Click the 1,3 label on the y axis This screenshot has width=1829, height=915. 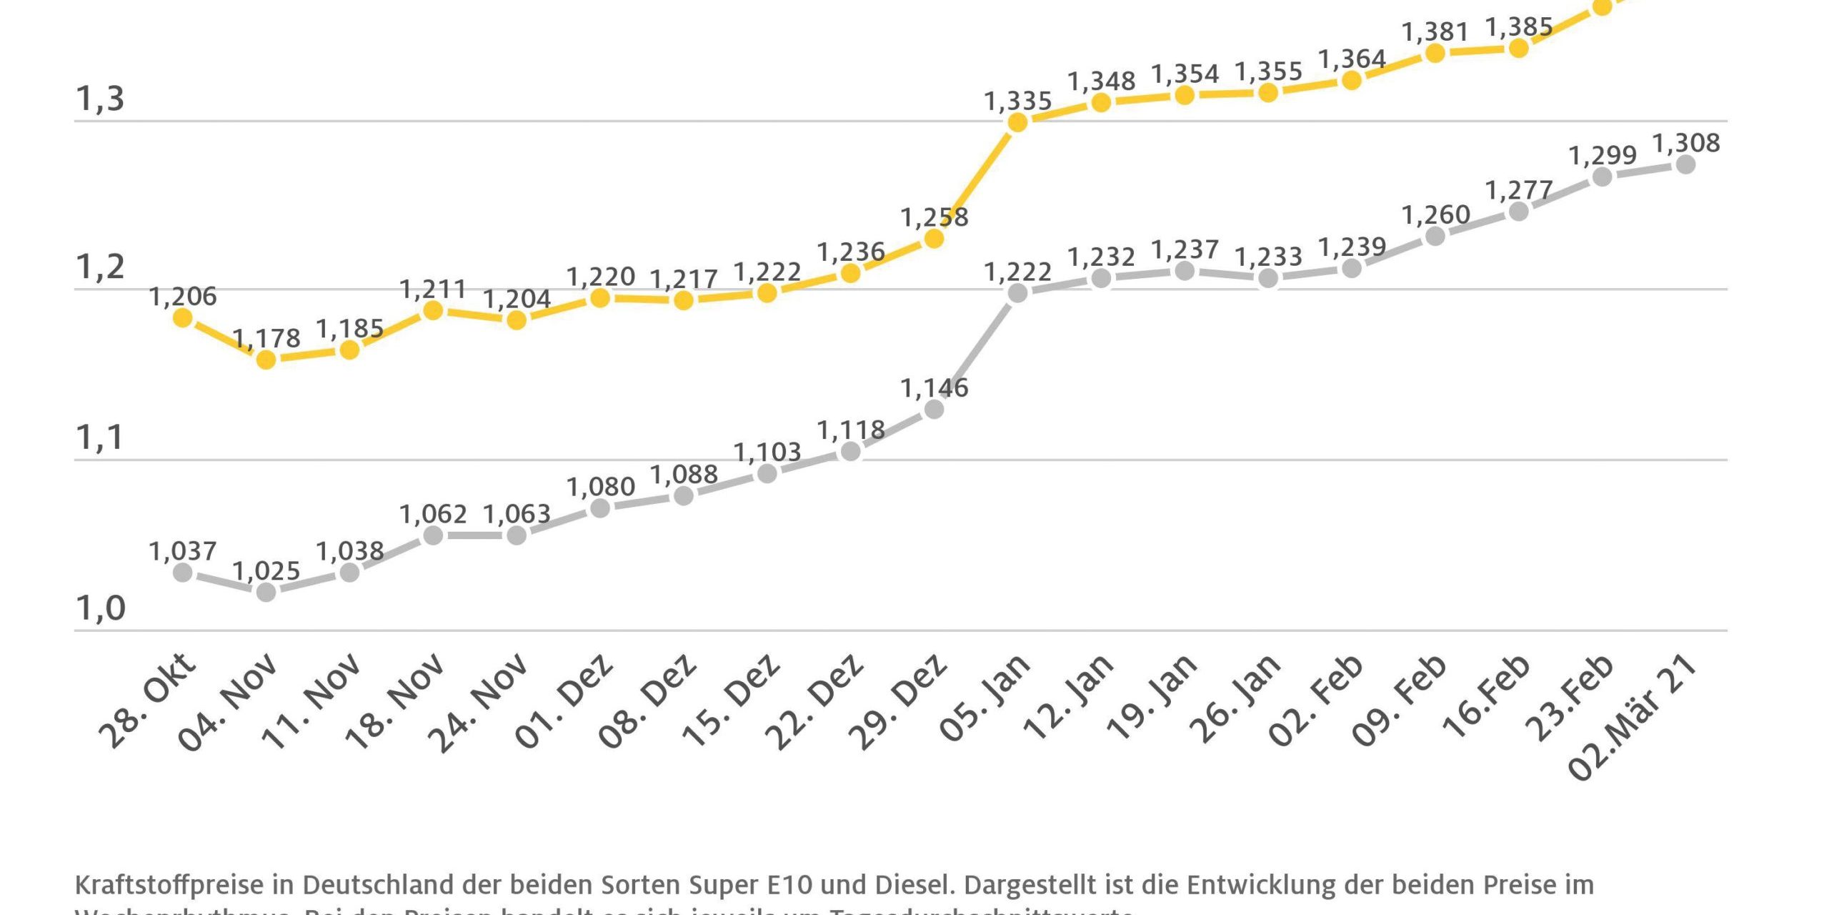pos(100,99)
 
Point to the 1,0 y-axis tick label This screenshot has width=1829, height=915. pos(100,608)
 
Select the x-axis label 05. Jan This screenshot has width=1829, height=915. pos(985,698)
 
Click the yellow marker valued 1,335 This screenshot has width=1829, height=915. pos(1017,122)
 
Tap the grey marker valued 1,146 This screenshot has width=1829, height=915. pos(934,410)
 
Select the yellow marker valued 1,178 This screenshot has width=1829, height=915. pos(266,360)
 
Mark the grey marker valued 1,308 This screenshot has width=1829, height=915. pos(1685,164)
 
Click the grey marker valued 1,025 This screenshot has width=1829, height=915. pos(266,592)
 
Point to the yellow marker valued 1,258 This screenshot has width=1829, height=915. pos(934,239)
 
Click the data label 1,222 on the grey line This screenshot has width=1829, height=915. pos(1017,272)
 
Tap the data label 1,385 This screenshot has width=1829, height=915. pos(1519,27)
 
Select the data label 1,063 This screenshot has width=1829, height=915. pos(517,514)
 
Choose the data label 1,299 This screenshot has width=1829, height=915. pos(1602,155)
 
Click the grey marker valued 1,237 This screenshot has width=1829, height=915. pos(1185,271)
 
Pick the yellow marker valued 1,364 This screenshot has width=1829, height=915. pos(1352,80)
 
